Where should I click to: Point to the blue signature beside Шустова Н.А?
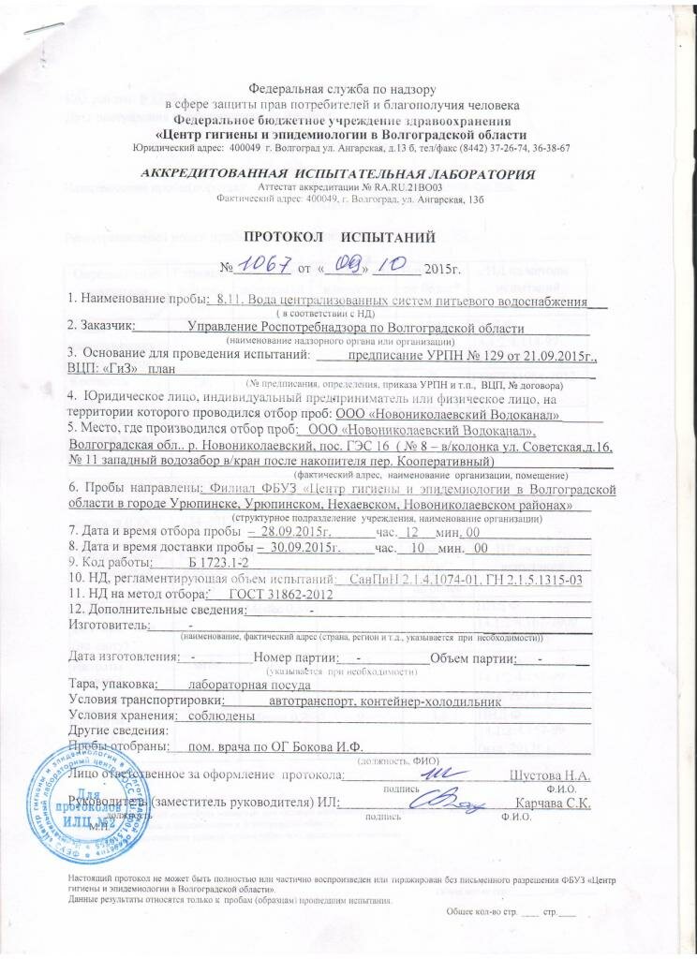tap(433, 774)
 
